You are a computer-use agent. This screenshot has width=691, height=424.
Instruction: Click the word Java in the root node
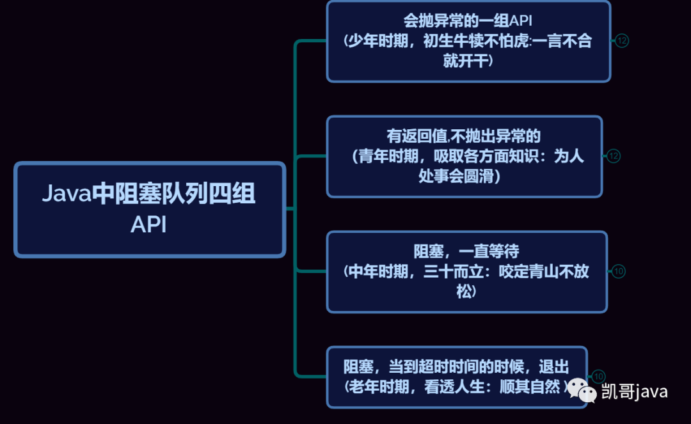coord(67,194)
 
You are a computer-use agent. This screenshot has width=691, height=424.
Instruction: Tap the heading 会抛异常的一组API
coord(468,20)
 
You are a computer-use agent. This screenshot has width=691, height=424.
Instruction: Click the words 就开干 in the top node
coord(468,61)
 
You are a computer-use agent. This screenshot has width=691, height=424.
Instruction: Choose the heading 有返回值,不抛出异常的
coord(464,136)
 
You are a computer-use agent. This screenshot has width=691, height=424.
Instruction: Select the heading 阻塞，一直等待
coord(466,251)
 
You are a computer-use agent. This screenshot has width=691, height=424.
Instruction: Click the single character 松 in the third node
coord(466,292)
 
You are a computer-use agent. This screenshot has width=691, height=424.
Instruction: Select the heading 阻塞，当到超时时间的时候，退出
coord(456,366)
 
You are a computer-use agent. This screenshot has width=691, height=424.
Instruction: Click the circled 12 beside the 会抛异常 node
coord(622,41)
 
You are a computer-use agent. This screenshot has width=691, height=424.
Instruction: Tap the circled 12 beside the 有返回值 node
coord(614,156)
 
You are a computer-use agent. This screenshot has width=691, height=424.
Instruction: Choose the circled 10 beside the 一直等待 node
coord(618,271)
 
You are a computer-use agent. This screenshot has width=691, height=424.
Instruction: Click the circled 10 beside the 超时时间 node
coord(598,377)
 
